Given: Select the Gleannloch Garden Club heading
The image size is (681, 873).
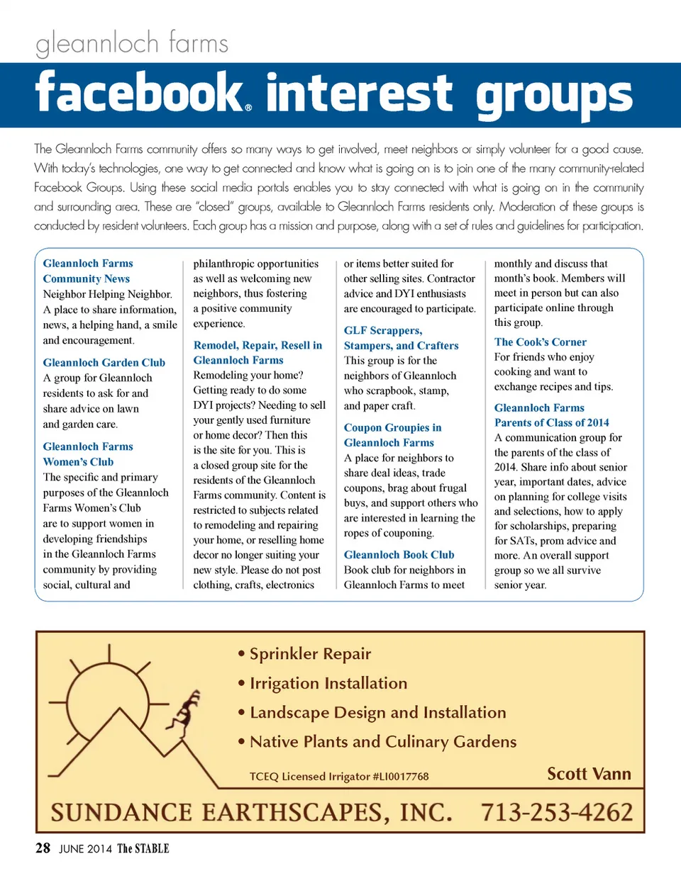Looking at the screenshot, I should (x=104, y=363).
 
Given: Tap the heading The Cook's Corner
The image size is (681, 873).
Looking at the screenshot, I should (x=540, y=342).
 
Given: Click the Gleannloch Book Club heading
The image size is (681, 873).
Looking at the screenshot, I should (x=399, y=555).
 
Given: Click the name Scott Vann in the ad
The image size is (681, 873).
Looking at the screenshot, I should (x=589, y=773).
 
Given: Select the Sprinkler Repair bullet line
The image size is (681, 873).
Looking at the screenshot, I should (x=305, y=653).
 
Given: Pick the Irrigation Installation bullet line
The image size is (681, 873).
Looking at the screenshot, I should (x=323, y=683).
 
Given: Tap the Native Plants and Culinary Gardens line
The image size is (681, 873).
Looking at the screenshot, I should (x=377, y=742).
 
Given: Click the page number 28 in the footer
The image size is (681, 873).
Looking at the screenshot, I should (x=42, y=848).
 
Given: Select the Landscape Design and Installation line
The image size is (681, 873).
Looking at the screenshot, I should (x=372, y=712).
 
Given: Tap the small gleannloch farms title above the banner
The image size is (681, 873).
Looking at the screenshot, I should (x=131, y=45).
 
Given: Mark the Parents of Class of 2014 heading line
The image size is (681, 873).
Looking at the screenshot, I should (x=551, y=423).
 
